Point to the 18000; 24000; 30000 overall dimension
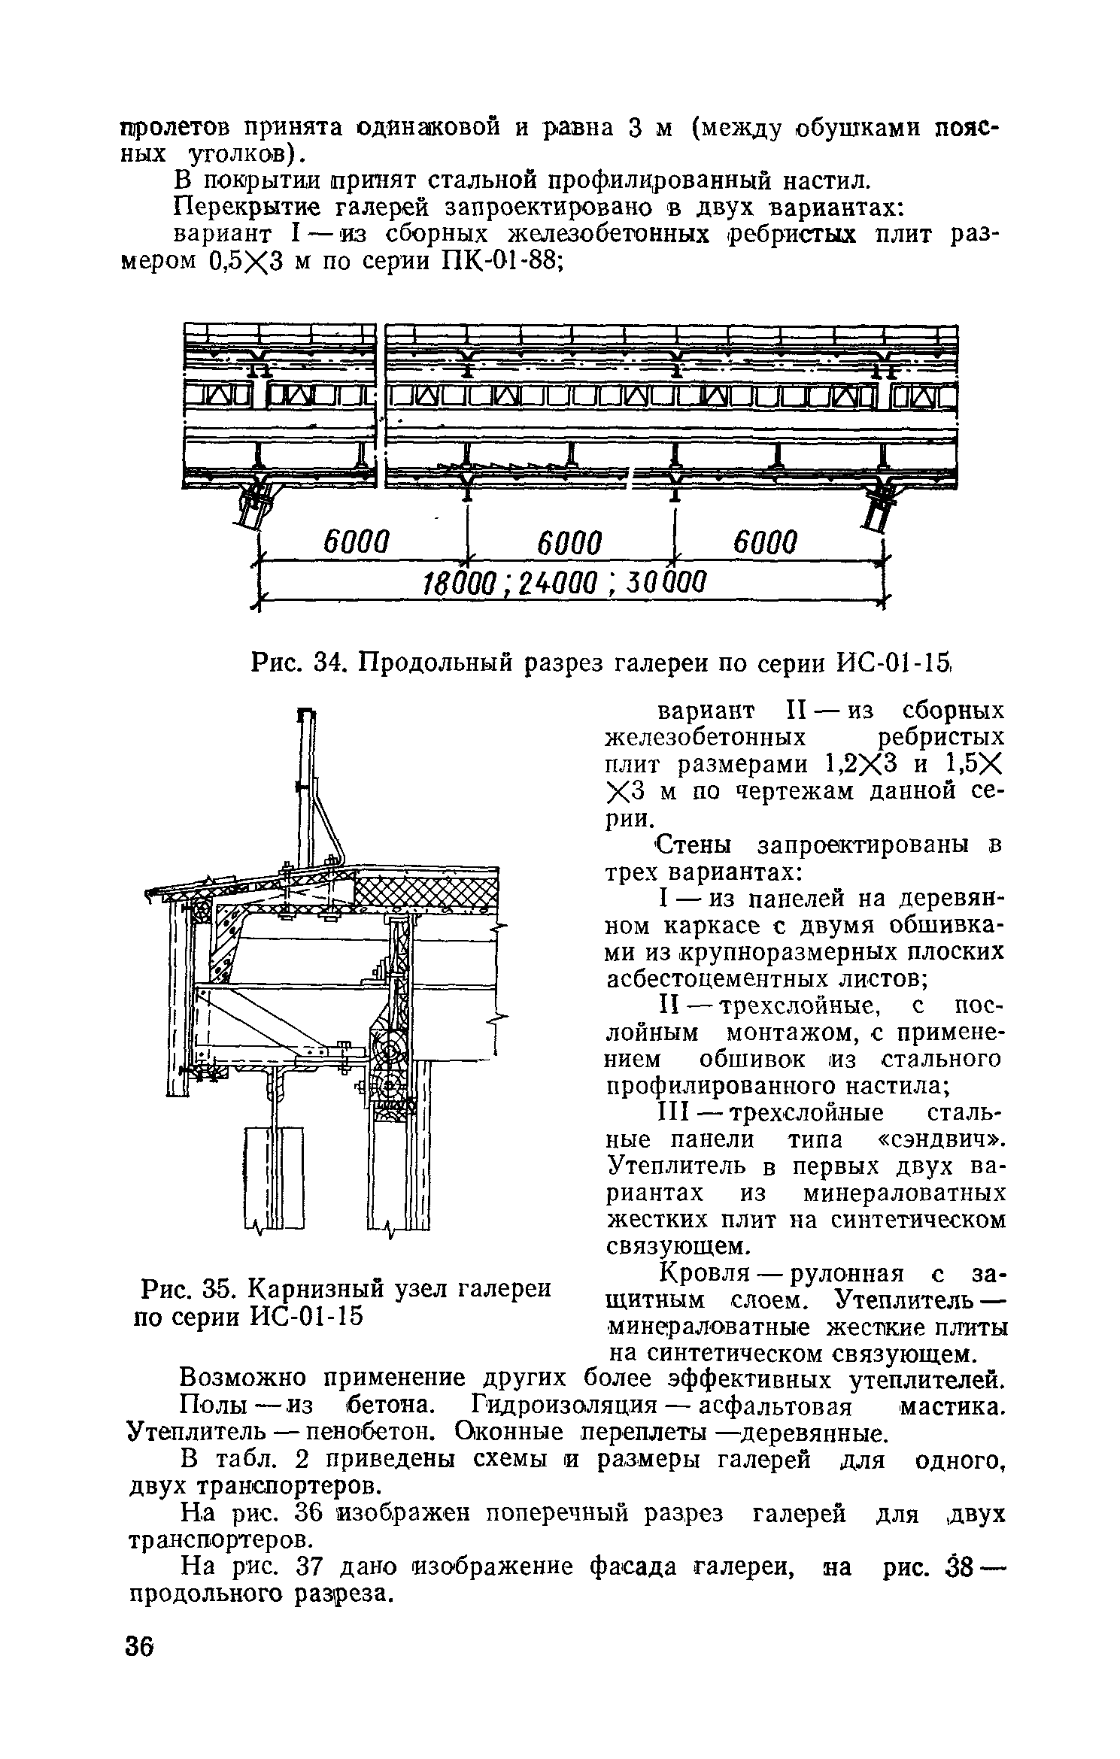[563, 582]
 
